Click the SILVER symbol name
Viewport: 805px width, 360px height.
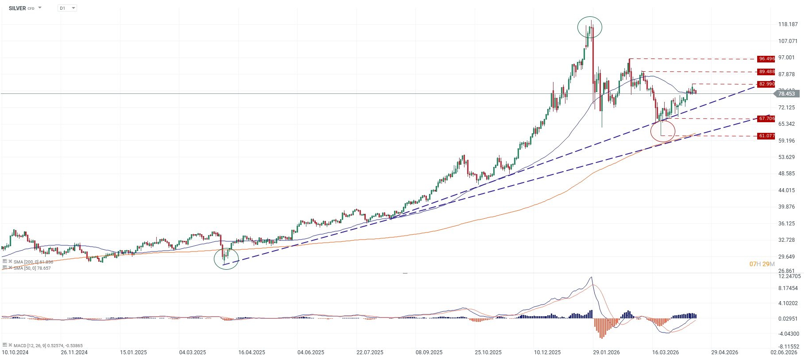pos(17,8)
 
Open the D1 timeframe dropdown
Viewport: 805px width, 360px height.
pos(67,8)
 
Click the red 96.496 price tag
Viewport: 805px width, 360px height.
pos(766,59)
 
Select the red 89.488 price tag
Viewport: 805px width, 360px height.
pos(766,72)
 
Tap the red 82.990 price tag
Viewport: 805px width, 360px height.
pos(766,84)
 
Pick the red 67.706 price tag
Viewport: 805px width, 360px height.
pos(766,119)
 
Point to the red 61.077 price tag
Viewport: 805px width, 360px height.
pos(766,136)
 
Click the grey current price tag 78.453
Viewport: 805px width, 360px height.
pos(786,94)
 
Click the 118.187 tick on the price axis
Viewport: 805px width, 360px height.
pos(788,24)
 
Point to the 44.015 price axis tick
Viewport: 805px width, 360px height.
pos(786,190)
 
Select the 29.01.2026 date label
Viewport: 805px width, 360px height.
pos(606,352)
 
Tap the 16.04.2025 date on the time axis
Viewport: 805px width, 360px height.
pos(252,352)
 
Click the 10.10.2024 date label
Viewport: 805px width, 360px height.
pos(15,352)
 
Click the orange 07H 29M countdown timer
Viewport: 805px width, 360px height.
pos(762,264)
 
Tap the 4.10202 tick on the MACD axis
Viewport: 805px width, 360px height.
pos(788,303)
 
